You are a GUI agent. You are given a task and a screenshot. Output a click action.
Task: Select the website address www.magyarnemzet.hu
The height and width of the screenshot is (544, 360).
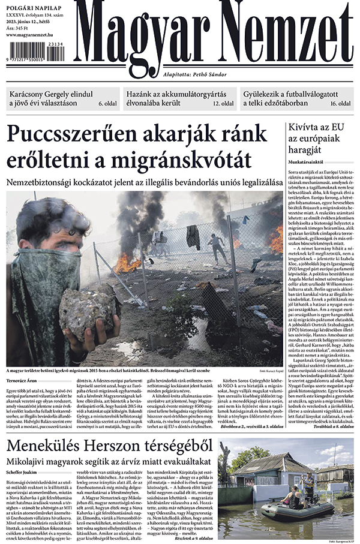(x=36, y=35)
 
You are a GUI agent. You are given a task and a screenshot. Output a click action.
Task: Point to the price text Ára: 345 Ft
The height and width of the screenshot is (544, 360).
(x=22, y=28)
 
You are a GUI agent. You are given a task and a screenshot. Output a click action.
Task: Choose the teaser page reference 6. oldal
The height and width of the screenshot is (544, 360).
(x=107, y=103)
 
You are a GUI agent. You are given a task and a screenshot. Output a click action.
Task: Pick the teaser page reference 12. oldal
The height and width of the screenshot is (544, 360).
(x=223, y=103)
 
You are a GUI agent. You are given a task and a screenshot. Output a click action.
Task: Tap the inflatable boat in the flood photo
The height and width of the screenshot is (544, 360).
(x=279, y=510)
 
